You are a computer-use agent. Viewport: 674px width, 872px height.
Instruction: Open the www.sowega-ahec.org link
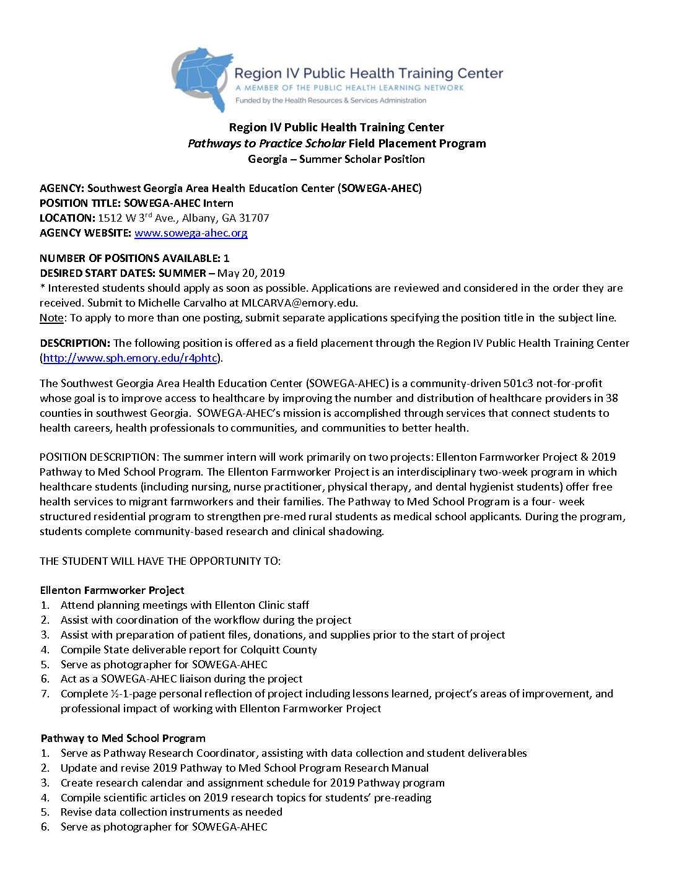191,233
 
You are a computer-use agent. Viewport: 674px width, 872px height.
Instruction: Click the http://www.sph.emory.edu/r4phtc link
130,358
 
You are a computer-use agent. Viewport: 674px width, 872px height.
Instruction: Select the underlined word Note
51,318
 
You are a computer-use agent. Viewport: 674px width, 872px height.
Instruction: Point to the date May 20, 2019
251,273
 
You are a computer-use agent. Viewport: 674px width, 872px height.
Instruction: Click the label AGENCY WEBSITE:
85,233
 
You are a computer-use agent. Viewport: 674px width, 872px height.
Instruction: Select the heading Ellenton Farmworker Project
112,590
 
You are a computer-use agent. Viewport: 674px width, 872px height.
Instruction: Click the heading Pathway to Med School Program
123,738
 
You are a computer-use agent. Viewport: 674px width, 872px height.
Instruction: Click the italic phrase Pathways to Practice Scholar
266,144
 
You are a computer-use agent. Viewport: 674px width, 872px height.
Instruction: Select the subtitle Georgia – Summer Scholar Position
336,159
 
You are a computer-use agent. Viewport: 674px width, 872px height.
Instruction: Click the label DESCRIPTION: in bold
75,343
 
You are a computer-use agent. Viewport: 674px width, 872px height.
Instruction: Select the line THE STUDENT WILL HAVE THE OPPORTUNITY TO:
160,561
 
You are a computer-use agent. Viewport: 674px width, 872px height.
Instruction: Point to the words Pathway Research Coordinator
179,753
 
